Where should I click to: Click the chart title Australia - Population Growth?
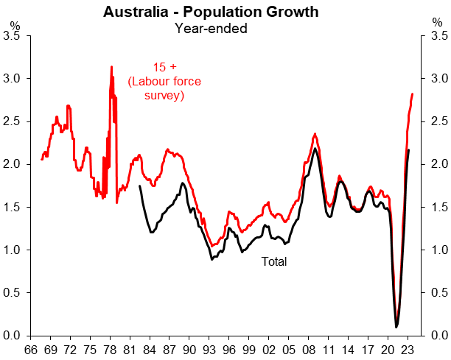[211, 12]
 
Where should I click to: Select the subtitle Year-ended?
[211, 29]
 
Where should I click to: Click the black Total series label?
[274, 261]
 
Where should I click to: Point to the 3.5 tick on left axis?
[11, 35]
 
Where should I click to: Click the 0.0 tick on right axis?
[439, 335]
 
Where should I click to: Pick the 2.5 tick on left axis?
[11, 121]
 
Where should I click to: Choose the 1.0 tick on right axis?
[439, 250]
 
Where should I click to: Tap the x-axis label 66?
[30, 350]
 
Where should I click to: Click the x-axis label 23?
[408, 350]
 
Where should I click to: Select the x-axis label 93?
[209, 350]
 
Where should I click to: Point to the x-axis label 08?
[308, 350]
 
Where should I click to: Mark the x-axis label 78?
[110, 350]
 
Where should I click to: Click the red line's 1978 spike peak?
[111, 67]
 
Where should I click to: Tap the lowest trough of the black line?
[396, 327]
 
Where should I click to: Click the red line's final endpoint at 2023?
[413, 93]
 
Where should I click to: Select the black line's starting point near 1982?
[139, 186]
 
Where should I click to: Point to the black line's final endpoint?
[409, 149]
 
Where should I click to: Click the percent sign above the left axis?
[15, 26]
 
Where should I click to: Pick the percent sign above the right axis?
[438, 22]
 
